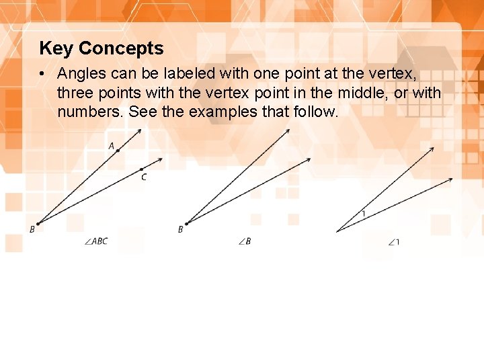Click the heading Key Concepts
pyautogui.click(x=102, y=48)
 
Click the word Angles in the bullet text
pyautogui.click(x=80, y=73)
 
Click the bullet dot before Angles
pyautogui.click(x=42, y=73)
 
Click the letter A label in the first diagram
pyautogui.click(x=112, y=145)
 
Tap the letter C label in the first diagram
pyautogui.click(x=144, y=177)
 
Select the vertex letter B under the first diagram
pyautogui.click(x=32, y=229)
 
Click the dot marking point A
pyautogui.click(x=118, y=151)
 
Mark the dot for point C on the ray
pyautogui.click(x=141, y=169)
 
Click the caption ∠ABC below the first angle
pyautogui.click(x=97, y=241)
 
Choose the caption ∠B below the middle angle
pyautogui.click(x=245, y=241)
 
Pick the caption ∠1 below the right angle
pyautogui.click(x=394, y=242)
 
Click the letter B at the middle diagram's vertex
pyautogui.click(x=180, y=229)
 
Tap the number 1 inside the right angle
pyautogui.click(x=364, y=214)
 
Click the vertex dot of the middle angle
pyautogui.click(x=187, y=223)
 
